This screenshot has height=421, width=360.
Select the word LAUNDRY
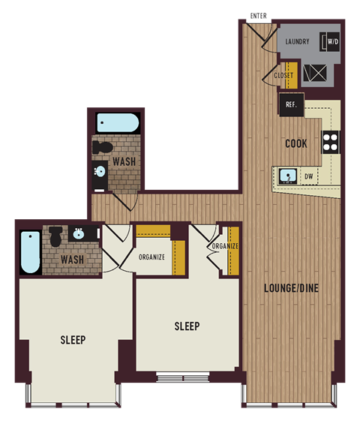point(296,41)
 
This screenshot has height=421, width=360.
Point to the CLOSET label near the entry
point(283,75)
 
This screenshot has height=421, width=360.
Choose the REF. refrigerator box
point(292,105)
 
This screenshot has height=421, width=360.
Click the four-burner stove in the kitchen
point(331,142)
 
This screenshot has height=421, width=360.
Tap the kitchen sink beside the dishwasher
point(286,177)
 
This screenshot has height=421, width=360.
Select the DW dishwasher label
point(309,178)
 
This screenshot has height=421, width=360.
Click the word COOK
point(295,143)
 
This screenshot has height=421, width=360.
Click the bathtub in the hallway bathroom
point(115,122)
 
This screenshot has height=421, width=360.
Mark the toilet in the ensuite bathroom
point(55,238)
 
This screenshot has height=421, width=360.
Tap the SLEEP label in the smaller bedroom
point(187,326)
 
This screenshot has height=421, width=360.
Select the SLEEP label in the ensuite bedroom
point(73,340)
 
